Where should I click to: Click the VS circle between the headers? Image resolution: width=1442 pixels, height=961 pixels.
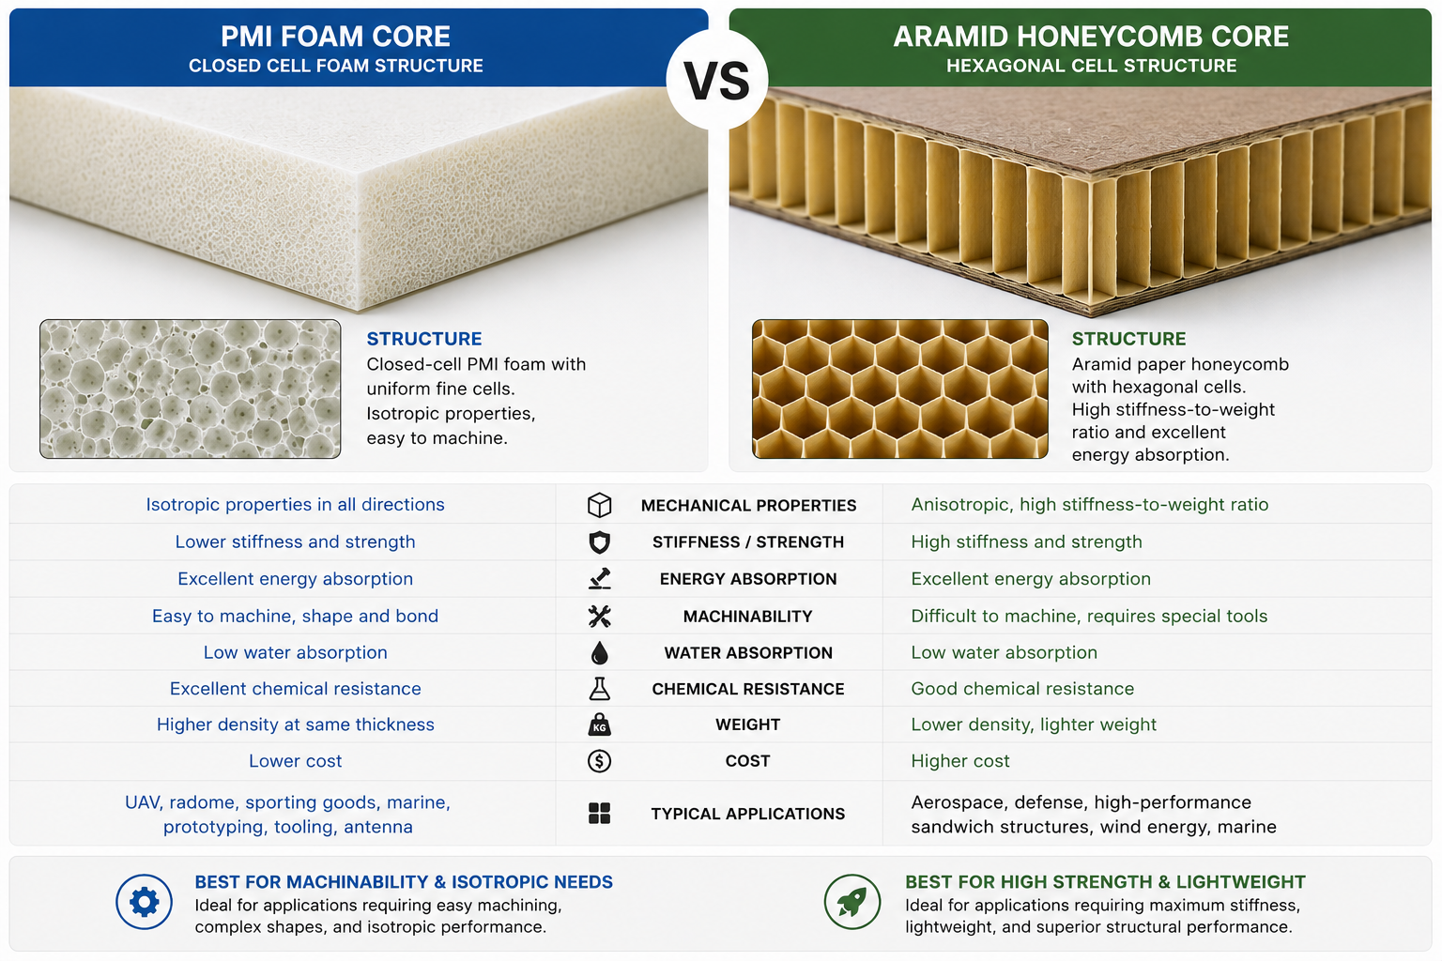716,79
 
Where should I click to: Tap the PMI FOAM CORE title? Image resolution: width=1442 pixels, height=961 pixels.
335,36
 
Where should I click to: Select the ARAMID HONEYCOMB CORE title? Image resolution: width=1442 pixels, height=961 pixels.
1091,36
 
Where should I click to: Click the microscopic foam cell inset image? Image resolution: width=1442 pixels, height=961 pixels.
190,389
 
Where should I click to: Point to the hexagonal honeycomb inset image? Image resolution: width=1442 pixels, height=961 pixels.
900,389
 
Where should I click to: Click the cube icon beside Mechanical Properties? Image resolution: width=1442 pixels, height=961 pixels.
599,505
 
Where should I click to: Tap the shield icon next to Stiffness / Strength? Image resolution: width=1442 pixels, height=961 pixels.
599,542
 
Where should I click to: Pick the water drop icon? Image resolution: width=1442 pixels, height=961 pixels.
599,652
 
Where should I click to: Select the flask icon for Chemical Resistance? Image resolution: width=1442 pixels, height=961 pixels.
599,689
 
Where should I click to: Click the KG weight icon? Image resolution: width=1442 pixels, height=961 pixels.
599,725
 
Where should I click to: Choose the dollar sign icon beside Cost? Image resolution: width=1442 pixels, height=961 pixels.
599,761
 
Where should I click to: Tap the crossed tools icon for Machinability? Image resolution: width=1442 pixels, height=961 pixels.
599,616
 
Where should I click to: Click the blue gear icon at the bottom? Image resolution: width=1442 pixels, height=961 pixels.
145,902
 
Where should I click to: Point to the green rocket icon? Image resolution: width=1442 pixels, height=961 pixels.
852,902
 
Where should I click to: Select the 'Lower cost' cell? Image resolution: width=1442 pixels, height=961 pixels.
296,761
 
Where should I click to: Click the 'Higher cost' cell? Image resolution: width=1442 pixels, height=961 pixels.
960,761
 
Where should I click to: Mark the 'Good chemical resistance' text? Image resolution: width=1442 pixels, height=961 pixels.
1022,689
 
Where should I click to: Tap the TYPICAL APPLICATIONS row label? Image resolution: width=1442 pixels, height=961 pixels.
748,814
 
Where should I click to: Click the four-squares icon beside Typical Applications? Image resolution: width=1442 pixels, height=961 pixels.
599,814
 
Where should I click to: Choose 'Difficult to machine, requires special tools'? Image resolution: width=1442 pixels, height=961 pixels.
1089,616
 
